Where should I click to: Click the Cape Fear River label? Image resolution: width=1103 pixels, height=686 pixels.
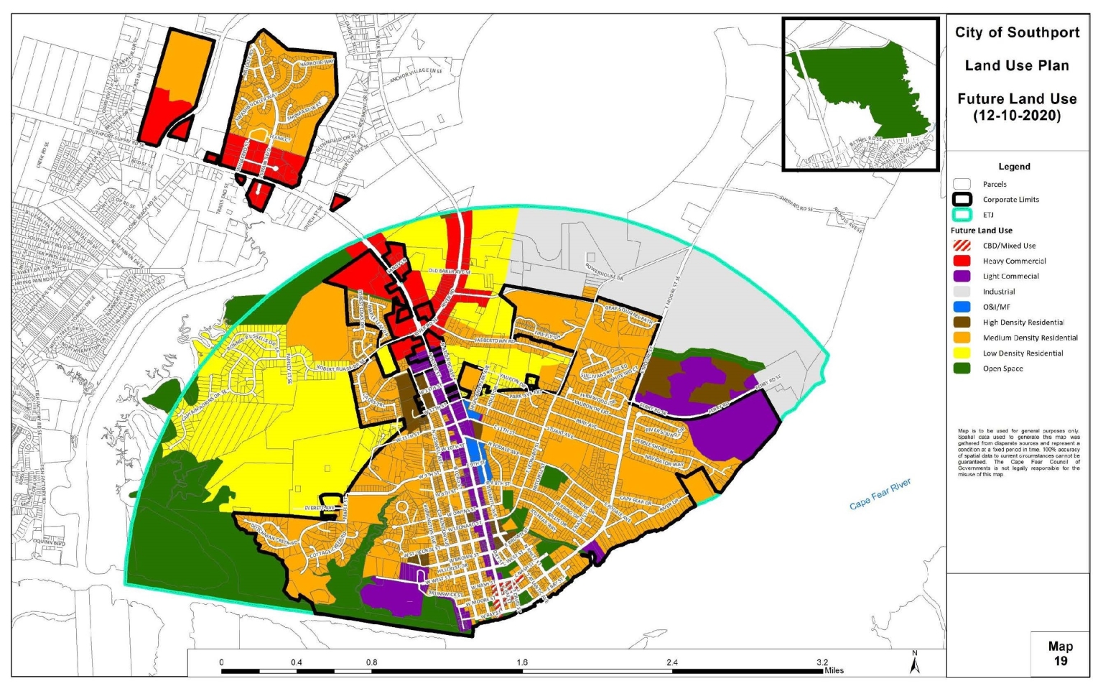880,495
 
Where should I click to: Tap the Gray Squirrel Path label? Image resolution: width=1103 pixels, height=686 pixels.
629,314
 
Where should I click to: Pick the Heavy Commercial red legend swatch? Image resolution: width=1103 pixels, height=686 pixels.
962,261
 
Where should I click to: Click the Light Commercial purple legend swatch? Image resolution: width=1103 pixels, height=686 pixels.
962,277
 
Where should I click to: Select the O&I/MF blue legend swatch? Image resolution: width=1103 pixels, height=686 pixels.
962,307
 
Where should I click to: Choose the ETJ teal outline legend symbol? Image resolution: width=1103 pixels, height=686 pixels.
962,215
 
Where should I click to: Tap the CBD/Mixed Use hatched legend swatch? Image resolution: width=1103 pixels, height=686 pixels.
962,246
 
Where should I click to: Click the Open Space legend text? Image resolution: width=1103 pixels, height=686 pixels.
1002,369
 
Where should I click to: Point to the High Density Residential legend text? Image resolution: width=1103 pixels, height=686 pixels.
1023,323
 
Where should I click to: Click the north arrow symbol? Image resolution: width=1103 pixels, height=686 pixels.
915,662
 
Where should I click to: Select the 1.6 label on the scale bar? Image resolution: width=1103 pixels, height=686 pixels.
521,662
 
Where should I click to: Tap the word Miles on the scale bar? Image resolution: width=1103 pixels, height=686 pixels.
834,671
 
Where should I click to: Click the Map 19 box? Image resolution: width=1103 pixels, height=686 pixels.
1060,654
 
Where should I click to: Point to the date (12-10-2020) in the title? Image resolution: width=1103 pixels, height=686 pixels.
1017,116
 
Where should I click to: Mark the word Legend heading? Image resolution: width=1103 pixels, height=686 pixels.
1014,167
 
